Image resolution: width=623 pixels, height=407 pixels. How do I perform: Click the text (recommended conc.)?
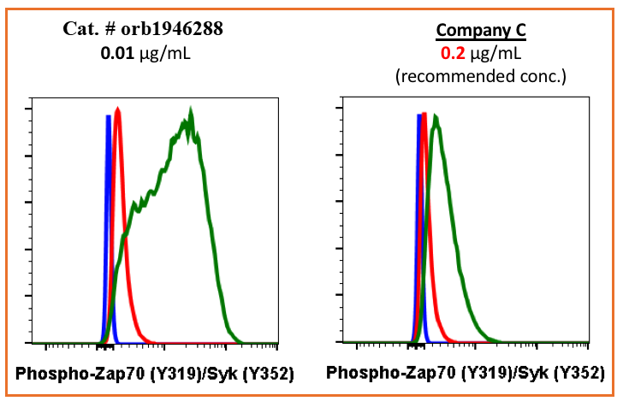481,75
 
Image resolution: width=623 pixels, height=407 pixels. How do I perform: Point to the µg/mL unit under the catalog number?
163,54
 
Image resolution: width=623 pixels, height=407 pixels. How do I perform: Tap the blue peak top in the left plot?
108,115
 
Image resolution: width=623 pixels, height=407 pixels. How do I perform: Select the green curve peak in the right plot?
436,117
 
